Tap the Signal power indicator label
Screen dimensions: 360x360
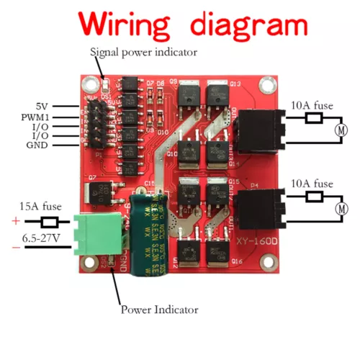(x=143, y=52)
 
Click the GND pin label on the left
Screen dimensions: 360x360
(x=37, y=144)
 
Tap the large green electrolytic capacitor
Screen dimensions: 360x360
(x=150, y=234)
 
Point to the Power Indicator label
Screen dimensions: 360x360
(x=159, y=310)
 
